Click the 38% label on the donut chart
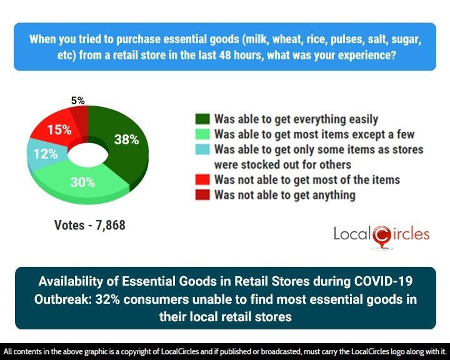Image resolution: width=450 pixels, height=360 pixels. (x=126, y=140)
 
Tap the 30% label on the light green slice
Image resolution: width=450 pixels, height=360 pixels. (x=82, y=182)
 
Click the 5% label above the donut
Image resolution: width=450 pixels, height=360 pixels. (x=78, y=100)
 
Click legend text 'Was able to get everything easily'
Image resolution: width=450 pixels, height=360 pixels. (x=296, y=119)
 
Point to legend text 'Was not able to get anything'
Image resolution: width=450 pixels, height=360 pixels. (x=284, y=195)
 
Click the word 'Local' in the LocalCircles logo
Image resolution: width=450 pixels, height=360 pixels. (x=352, y=235)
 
